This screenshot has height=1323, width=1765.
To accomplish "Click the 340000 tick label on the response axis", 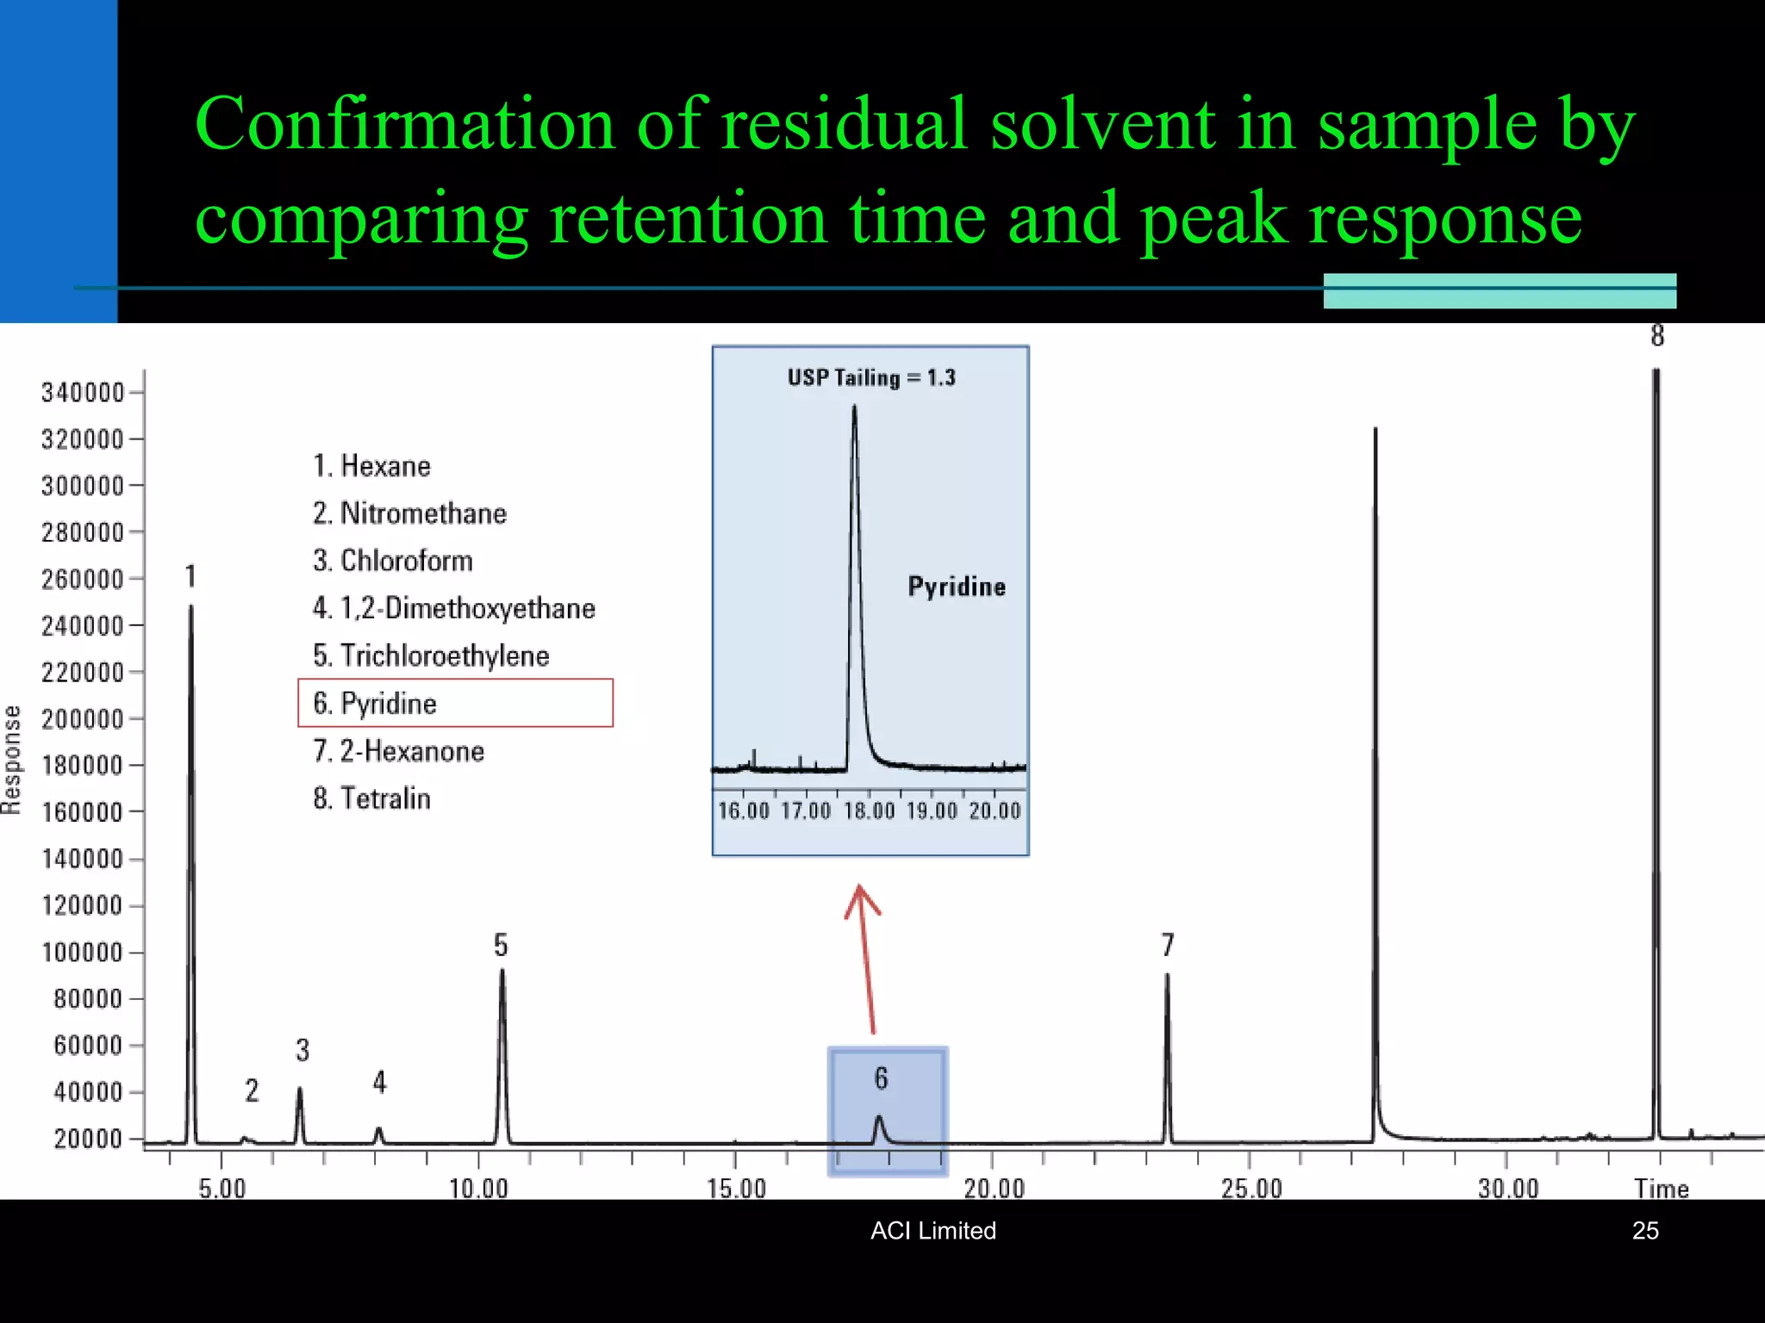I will (x=83, y=393).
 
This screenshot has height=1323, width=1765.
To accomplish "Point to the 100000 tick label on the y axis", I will (x=83, y=953).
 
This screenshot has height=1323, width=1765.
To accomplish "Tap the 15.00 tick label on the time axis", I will (x=736, y=1189).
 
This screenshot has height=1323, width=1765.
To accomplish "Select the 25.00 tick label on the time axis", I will (x=1251, y=1189).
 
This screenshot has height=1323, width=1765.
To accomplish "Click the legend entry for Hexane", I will (x=371, y=466).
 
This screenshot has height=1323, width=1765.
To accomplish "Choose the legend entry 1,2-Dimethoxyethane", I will (x=454, y=608).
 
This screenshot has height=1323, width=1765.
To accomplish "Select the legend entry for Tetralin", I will (x=371, y=798).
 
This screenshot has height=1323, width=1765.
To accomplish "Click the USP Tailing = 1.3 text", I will (x=871, y=377).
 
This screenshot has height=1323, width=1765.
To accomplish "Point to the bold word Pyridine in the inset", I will (x=957, y=587).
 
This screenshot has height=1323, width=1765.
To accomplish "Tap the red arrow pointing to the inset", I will (x=866, y=956).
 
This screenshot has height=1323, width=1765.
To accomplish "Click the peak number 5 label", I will (x=501, y=946).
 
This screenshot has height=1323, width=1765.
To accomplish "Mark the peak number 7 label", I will (x=1168, y=946).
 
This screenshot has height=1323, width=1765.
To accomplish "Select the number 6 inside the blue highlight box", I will (x=881, y=1078).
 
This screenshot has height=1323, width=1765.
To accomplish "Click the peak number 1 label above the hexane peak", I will (x=190, y=576).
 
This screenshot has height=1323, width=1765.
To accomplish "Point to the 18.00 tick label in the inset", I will (x=869, y=811).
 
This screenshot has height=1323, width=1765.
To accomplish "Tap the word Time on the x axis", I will (x=1661, y=1189).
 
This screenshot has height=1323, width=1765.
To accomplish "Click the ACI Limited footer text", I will (x=932, y=1231).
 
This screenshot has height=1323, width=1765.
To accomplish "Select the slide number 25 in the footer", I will (x=1645, y=1231).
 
